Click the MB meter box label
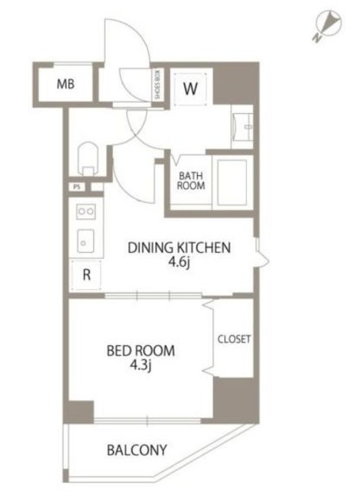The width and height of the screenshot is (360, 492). click(65, 84)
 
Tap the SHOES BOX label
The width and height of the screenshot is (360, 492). click(157, 85)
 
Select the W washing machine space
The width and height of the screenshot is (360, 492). click(191, 88)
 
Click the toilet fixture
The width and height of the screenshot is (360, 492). click(88, 159)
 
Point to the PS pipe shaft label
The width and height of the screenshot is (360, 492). click(77, 188)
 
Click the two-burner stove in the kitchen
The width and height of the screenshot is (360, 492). click(86, 211)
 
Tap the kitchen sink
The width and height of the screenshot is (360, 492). click(85, 241)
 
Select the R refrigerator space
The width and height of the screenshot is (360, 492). click(86, 275)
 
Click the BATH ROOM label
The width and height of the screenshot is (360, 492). click(191, 181)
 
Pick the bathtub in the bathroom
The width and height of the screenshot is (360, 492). click(232, 182)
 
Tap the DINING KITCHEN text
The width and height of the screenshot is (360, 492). click(179, 248)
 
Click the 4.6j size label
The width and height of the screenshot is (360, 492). click(178, 262)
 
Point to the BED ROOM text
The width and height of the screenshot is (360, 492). click(141, 351)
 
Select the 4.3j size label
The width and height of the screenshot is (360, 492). click(141, 365)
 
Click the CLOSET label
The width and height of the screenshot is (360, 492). click(234, 339)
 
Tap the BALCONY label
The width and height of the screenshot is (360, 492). click(137, 450)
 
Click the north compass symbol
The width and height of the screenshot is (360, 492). click(328, 25)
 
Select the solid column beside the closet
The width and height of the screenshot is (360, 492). click(235, 400)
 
